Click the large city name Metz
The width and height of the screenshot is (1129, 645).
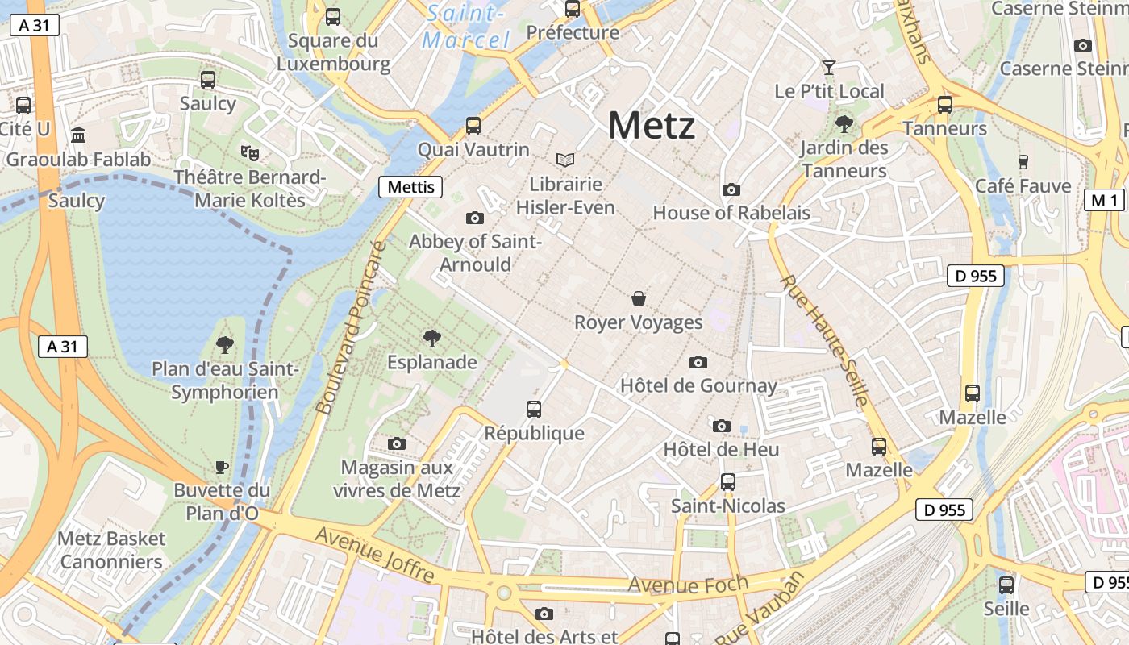(x=651, y=126)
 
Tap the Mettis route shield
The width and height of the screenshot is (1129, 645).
(x=411, y=187)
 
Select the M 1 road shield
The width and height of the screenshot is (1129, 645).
(x=1103, y=201)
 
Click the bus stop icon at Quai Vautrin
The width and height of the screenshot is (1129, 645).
(x=473, y=126)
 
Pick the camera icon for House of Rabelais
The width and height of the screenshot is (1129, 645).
(x=731, y=189)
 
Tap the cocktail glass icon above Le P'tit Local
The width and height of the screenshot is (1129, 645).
(x=829, y=67)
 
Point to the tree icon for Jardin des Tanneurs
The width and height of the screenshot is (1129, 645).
(x=844, y=123)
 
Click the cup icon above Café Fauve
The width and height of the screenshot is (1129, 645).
(x=1023, y=161)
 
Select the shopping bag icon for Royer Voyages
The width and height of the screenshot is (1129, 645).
(x=639, y=298)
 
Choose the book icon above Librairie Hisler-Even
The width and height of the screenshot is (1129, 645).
(x=565, y=160)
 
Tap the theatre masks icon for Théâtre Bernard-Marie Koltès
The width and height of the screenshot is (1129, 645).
(x=250, y=152)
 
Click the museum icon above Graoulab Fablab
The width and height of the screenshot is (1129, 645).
(x=78, y=135)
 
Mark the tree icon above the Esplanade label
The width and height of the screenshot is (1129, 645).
(x=432, y=338)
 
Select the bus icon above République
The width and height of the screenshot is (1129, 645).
(x=534, y=409)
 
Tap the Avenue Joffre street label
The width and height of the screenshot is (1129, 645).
(x=375, y=555)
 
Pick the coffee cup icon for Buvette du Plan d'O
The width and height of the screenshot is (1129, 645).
(x=222, y=466)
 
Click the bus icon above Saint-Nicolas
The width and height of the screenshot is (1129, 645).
(x=728, y=481)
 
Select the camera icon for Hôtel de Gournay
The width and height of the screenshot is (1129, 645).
(x=698, y=362)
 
